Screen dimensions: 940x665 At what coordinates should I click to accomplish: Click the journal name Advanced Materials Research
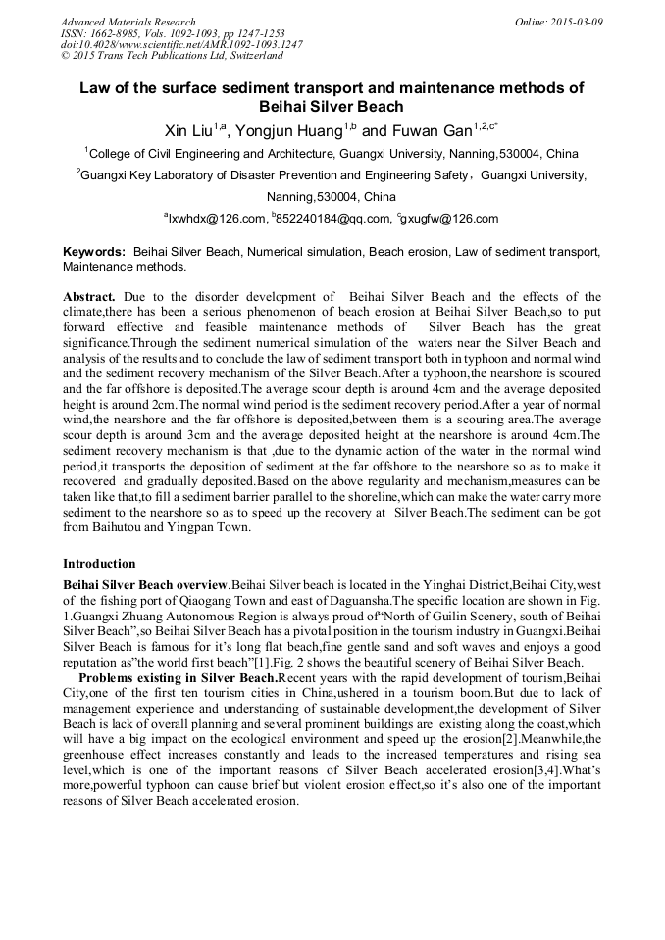click(128, 21)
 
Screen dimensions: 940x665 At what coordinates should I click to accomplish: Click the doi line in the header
click(181, 44)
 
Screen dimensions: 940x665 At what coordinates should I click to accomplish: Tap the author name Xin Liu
click(188, 130)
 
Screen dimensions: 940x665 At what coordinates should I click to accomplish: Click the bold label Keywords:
click(94, 252)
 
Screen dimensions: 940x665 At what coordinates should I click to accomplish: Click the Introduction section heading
click(99, 564)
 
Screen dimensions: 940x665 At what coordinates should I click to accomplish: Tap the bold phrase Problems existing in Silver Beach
click(179, 677)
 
